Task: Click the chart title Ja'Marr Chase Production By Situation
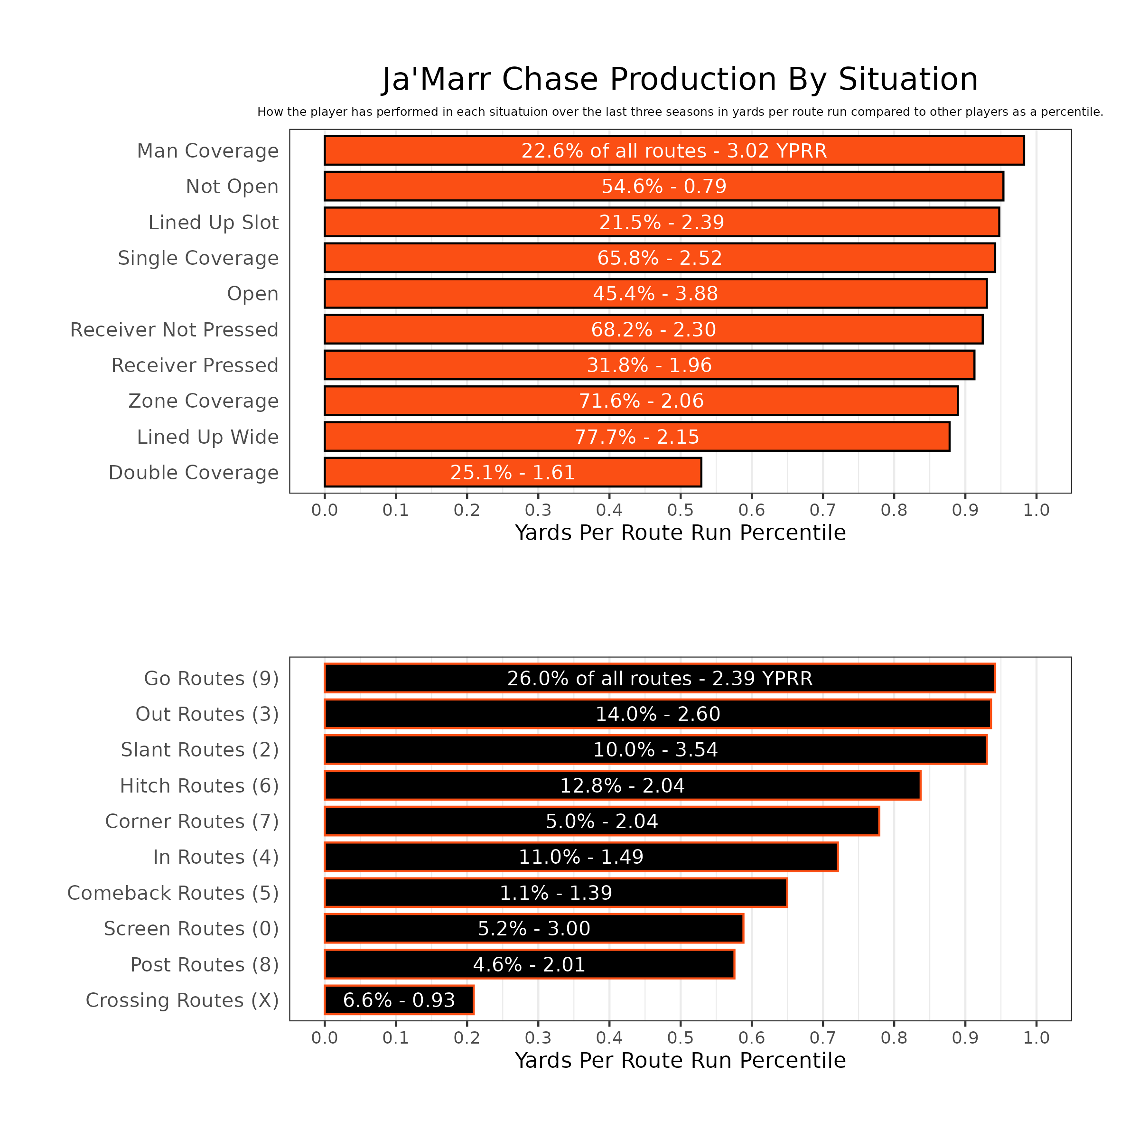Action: [680, 80]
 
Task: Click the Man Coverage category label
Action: [207, 151]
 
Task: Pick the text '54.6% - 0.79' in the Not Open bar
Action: [664, 187]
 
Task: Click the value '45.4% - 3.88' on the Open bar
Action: [655, 294]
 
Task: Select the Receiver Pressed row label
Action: [195, 365]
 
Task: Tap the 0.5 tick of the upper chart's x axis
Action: [681, 510]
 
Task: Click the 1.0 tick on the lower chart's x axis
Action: [1036, 1037]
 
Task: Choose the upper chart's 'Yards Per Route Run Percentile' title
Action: [681, 533]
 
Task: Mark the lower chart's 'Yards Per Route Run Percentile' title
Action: [681, 1061]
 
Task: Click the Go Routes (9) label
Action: [211, 679]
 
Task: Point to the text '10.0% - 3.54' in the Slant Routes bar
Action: [655, 750]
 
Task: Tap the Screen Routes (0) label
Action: [191, 929]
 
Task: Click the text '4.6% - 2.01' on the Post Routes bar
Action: [529, 964]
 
